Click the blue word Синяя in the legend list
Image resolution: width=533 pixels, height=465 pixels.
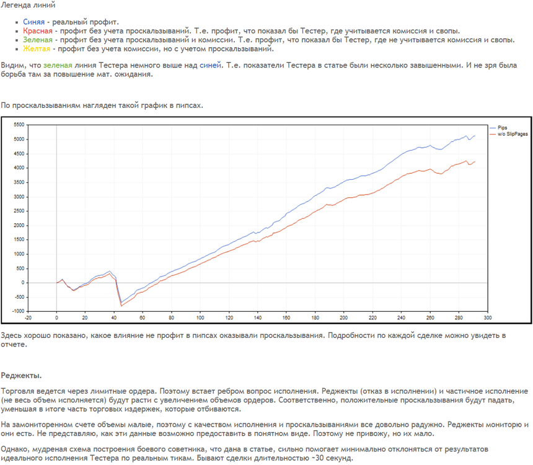(x=33, y=22)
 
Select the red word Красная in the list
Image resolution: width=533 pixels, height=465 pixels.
(x=38, y=31)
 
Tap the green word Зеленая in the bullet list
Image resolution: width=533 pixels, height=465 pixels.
(x=38, y=40)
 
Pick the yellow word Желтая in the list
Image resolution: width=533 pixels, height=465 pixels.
(x=37, y=48)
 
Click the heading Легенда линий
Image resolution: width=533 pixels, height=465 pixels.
(x=28, y=5)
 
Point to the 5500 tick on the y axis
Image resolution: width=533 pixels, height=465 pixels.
(x=19, y=125)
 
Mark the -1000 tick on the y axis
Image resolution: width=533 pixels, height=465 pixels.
(x=19, y=311)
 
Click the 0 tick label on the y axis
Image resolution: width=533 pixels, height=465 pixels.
(x=23, y=283)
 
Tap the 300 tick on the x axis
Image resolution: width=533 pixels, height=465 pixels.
(x=488, y=317)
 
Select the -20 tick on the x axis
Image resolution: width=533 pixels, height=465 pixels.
(x=28, y=317)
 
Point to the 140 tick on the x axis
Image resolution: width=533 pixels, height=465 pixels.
(x=258, y=317)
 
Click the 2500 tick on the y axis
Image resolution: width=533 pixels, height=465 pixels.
(x=19, y=211)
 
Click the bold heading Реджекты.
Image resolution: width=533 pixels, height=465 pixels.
(x=21, y=376)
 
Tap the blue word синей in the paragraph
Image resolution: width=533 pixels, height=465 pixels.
(x=211, y=65)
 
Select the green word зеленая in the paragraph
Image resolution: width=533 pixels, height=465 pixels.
(x=58, y=65)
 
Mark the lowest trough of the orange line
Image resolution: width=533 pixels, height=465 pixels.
(x=121, y=306)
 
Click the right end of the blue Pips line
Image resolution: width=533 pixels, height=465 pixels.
(x=475, y=136)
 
